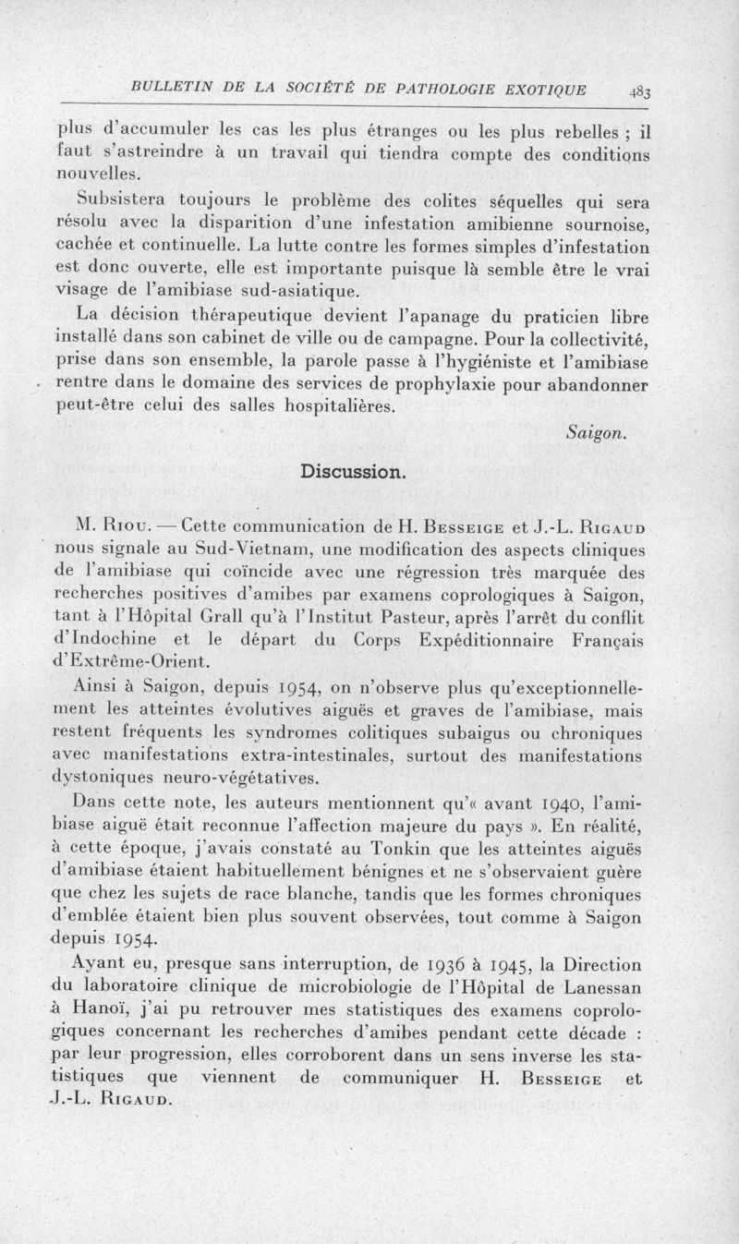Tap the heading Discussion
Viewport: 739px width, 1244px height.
coord(352,472)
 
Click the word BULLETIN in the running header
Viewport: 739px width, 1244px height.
coord(173,90)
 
